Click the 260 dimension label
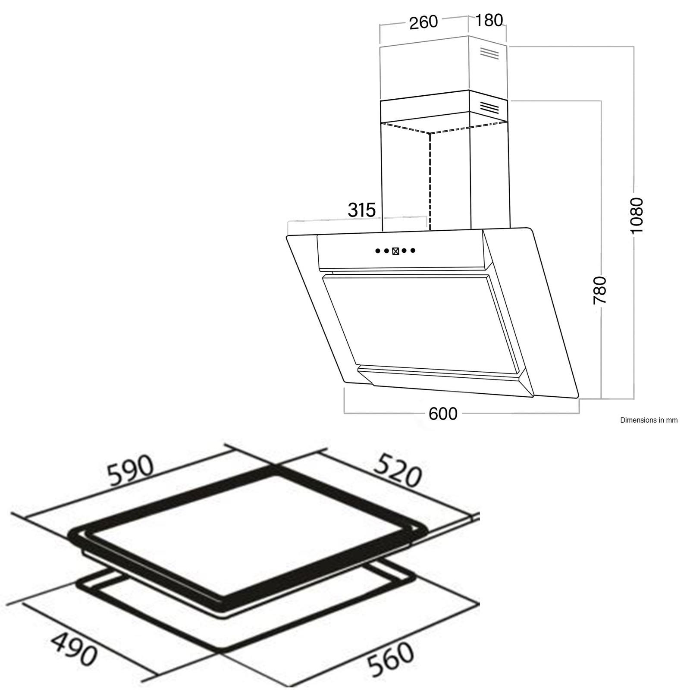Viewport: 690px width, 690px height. pyautogui.click(x=423, y=22)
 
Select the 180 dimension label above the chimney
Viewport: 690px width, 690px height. pyautogui.click(x=489, y=20)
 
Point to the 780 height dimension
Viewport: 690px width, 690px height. pyautogui.click(x=600, y=290)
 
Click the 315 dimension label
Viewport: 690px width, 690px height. pyautogui.click(x=362, y=210)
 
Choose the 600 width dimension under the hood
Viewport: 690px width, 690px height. pyautogui.click(x=443, y=414)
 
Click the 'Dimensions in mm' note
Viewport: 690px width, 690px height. pyautogui.click(x=649, y=420)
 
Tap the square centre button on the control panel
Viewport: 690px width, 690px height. pyautogui.click(x=395, y=251)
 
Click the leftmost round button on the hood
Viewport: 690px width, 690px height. pyautogui.click(x=377, y=251)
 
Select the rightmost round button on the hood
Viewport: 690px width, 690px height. pyautogui.click(x=413, y=251)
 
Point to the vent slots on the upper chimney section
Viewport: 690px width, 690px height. pyautogui.click(x=489, y=53)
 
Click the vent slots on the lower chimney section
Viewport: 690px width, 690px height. pyautogui.click(x=489, y=107)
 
